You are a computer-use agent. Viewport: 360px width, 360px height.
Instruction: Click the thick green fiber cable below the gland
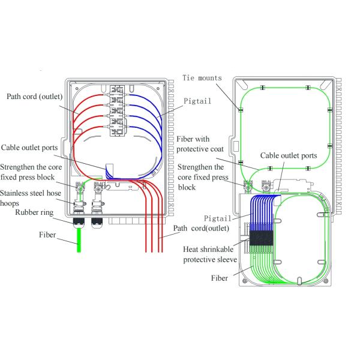pos(79,243)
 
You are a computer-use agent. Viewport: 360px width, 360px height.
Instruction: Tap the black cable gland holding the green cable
pos(79,223)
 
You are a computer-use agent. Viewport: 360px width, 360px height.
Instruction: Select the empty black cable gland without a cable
pos(97,223)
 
